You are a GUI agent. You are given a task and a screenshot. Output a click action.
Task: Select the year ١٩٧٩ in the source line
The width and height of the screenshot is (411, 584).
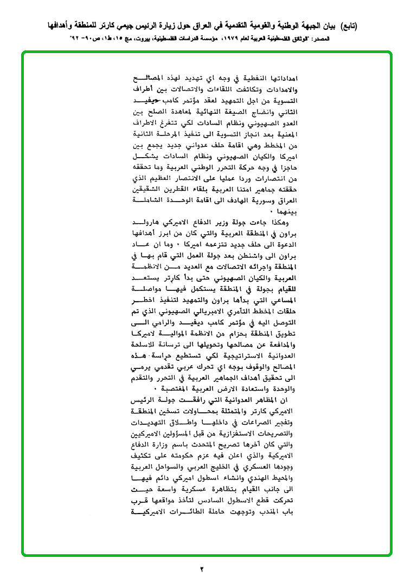click(237, 40)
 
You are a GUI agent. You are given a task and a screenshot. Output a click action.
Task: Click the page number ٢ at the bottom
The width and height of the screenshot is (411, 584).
click(202, 569)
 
